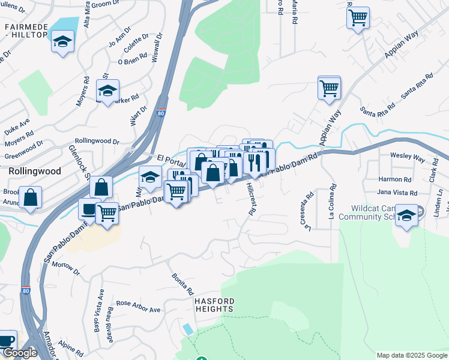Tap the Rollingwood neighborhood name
(34, 171)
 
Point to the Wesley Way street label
(408, 158)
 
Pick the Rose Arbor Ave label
(139, 307)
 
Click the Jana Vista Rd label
(397, 193)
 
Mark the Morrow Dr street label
(66, 266)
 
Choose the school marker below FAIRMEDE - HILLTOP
(62, 42)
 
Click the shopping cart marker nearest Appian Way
(329, 88)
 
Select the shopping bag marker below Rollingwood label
(30, 197)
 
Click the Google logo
(20, 353)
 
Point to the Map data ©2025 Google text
(411, 355)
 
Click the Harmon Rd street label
(394, 179)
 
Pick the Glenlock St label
(79, 162)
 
